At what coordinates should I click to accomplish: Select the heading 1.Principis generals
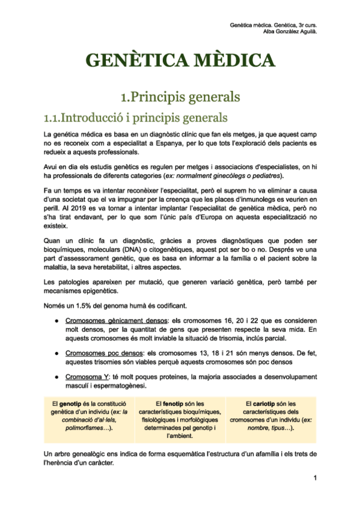180,96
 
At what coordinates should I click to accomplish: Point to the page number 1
314,478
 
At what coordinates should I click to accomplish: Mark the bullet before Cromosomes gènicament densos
55,321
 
